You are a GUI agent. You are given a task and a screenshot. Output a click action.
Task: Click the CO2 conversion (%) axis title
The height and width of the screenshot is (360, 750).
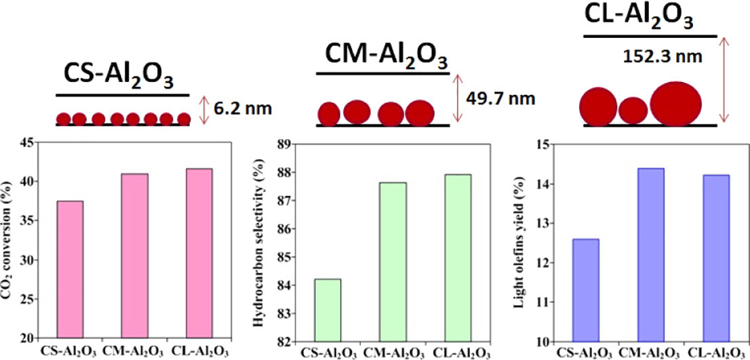[x=8, y=240]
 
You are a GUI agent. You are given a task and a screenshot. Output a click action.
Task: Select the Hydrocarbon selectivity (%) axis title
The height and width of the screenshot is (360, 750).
[x=258, y=241]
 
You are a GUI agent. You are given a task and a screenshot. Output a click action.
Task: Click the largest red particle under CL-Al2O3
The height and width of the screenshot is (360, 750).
[x=677, y=104]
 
